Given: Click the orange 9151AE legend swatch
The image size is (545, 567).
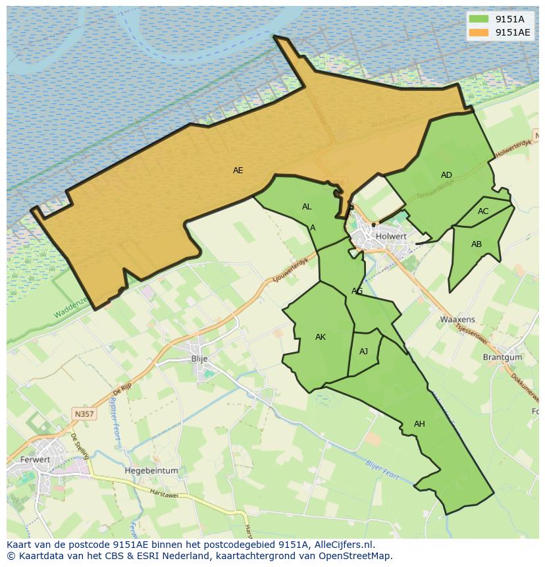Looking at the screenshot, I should coord(479,32).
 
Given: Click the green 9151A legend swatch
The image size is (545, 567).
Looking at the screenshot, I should coord(479,19).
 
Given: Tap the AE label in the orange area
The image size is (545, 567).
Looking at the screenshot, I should coord(238,171).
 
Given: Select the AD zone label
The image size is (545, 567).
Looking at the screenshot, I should coord(446,175).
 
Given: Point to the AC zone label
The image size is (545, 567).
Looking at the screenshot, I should coord(483,211).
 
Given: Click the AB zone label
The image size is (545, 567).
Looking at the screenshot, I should coord(477,244).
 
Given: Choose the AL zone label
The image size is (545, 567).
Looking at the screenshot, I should coord(307,207).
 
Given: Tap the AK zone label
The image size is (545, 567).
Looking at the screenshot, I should coord(321,337).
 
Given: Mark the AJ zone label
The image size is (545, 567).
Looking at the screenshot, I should coord(363,352).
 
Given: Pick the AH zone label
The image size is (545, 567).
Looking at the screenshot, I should coord(419,424).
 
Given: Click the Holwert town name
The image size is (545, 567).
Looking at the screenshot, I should coord(391,236).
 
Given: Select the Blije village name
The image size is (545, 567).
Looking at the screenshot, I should coord(199,359).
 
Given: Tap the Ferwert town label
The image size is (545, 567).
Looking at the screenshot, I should coord(36,460).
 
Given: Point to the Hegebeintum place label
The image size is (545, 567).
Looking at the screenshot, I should coord(151,471).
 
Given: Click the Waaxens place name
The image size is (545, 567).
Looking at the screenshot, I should coord(457,319).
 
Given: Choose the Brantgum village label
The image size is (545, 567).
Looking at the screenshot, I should coord(502,358).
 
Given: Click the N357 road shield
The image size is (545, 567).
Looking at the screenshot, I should coord(84,414).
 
